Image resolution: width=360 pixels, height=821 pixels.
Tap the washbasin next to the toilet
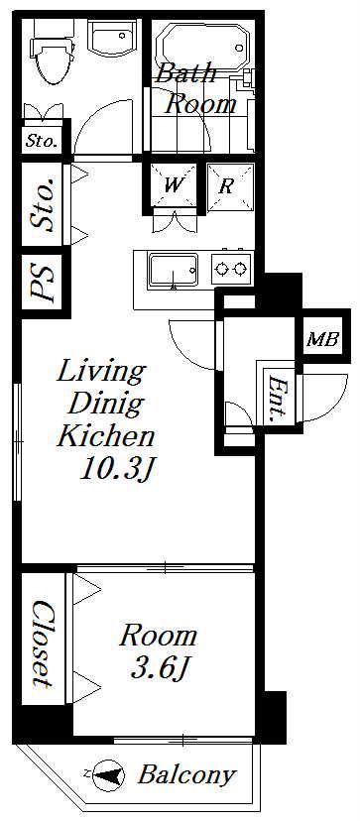tap(112, 38)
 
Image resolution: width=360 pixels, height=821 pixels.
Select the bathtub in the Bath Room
tap(203, 47)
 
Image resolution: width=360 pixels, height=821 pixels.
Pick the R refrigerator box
tap(230, 187)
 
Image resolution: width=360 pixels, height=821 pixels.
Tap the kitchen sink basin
tap(173, 271)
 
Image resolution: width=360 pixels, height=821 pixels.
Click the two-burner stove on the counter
tap(232, 268)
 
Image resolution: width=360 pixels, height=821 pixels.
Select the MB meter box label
tap(323, 340)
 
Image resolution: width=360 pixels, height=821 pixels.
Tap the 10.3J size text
tap(115, 470)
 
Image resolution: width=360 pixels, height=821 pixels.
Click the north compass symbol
tap(107, 774)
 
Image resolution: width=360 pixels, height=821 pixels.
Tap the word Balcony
tap(186, 775)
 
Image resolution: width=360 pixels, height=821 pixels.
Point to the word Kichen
tap(105, 435)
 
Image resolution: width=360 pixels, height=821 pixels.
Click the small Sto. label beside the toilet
tap(42, 140)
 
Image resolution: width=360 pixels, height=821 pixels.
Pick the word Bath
tap(186, 73)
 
